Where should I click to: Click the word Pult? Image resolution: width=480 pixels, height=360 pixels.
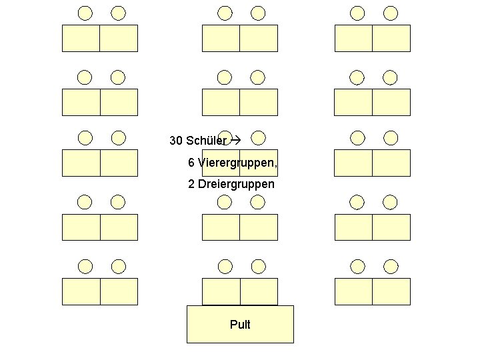point(240,325)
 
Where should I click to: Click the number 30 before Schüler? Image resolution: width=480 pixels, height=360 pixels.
point(176,141)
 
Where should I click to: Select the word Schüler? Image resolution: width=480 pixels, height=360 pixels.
point(207,141)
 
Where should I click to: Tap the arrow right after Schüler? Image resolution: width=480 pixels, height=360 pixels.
point(234,141)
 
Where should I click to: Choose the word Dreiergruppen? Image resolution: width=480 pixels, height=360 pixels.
point(236,183)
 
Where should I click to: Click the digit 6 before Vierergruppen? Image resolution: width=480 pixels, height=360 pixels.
point(191,163)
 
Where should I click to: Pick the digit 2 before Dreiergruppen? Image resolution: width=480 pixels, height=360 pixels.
point(191,183)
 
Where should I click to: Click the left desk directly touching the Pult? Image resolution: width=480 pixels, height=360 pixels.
point(221,292)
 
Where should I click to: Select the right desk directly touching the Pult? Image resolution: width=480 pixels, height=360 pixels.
point(259,292)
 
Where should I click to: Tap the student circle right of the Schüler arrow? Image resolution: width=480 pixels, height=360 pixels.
point(259,138)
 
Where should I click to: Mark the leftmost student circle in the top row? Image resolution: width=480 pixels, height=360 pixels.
point(85,13)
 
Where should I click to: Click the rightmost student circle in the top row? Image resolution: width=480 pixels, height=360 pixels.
point(391,13)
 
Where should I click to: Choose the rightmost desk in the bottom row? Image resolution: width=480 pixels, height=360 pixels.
point(391,292)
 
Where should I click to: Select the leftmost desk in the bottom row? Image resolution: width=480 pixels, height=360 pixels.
point(81,292)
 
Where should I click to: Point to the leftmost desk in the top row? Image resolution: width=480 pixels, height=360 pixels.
point(81,38)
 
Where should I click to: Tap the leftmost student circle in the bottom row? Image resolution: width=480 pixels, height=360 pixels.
point(85,267)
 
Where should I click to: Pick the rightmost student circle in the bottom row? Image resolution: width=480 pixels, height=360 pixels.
point(391,267)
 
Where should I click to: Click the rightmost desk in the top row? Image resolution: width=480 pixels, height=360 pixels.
point(391,38)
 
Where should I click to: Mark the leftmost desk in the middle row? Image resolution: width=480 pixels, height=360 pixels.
point(81,163)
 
